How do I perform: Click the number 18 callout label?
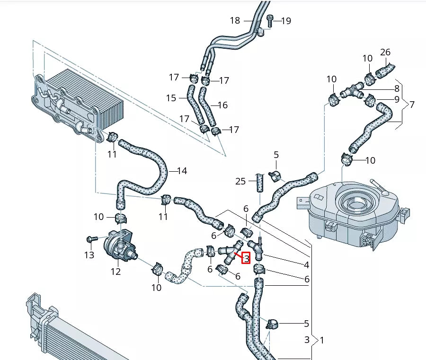click(235, 20)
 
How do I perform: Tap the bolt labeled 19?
click(270, 20)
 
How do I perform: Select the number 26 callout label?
click(385, 52)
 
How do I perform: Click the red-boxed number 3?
click(246, 258)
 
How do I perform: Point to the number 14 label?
click(182, 171)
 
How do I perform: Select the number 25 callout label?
click(241, 181)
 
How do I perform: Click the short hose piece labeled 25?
click(260, 182)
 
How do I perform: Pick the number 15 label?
click(171, 98)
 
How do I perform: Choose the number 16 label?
click(223, 105)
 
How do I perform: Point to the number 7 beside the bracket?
click(412, 104)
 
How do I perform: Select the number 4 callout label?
click(307, 265)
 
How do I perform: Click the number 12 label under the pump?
click(116, 272)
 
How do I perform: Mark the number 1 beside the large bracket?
click(322, 340)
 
